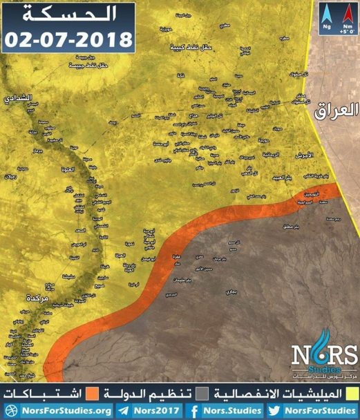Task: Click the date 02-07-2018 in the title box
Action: pyautogui.click(x=68, y=37)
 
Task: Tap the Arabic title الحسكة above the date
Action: pyautogui.click(x=68, y=13)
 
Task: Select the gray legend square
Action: pyautogui.click(x=200, y=393)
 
